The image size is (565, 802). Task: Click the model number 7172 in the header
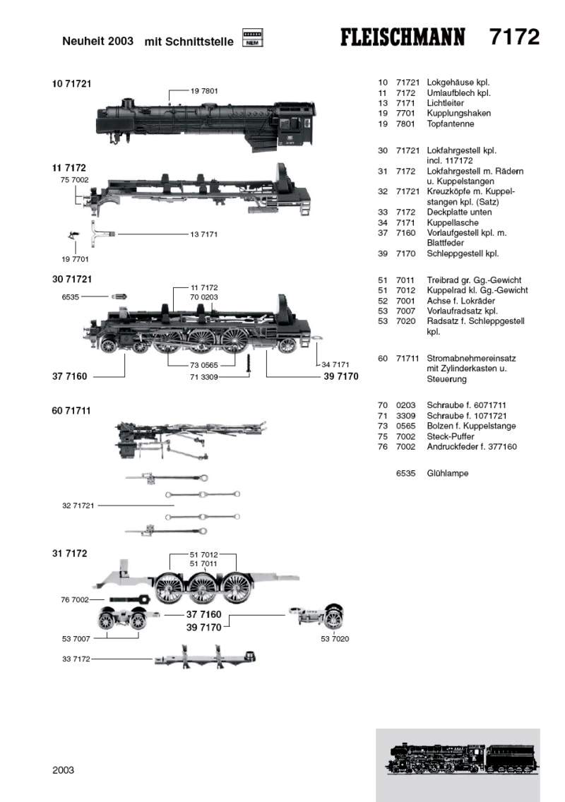[x=514, y=37]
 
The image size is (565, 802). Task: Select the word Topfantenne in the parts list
[x=451, y=124]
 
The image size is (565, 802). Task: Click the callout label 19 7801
[x=204, y=90]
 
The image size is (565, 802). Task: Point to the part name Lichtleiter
[x=444, y=103]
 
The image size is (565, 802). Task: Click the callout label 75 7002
[x=74, y=181]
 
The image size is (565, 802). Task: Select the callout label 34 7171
[x=336, y=364]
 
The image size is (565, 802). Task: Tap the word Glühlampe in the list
[x=448, y=473]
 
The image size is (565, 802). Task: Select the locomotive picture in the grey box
[x=458, y=760]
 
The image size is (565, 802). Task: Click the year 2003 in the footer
[x=63, y=770]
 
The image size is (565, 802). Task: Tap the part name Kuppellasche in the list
[x=453, y=222]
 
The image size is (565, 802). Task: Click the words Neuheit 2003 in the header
[x=97, y=42]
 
